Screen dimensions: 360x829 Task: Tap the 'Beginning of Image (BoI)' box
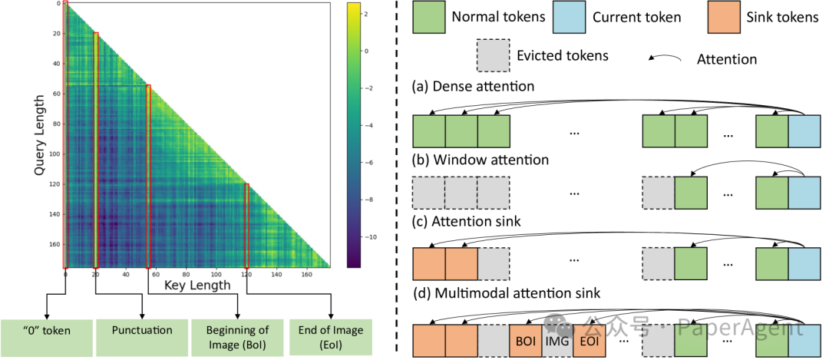(237, 335)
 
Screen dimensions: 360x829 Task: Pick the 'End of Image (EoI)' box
(331, 335)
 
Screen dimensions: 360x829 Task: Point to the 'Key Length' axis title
(197, 286)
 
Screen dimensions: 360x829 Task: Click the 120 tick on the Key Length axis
(246, 273)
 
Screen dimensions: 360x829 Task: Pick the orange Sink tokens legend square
(722, 17)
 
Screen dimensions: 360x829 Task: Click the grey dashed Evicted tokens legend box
(492, 55)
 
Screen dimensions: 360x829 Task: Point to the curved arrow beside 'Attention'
(669, 58)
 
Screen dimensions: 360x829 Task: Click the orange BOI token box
(526, 340)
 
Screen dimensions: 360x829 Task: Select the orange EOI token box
(590, 340)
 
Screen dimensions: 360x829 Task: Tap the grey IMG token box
(558, 340)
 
